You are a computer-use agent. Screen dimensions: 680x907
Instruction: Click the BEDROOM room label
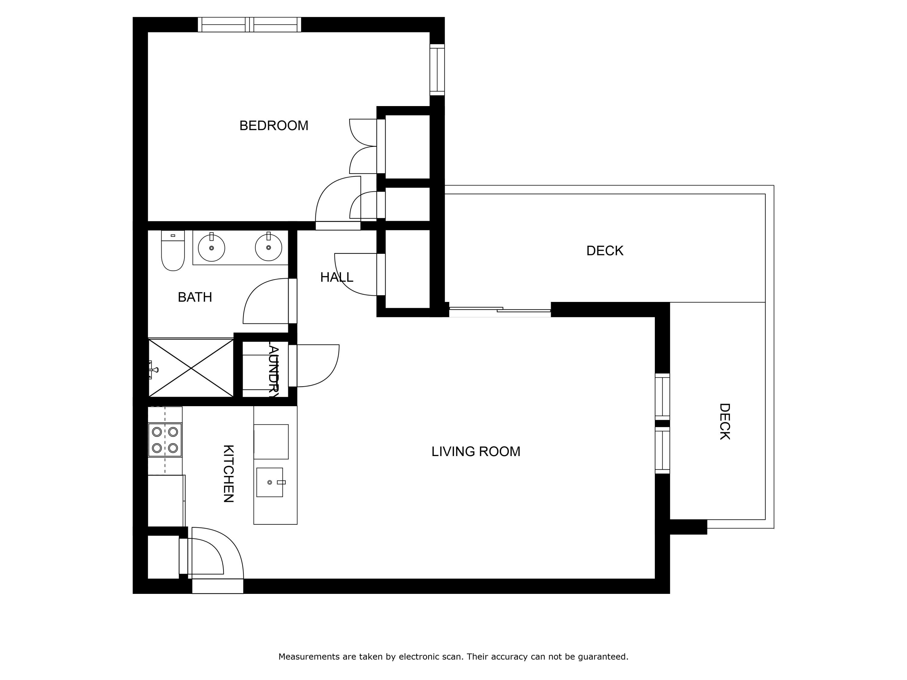pyautogui.click(x=274, y=125)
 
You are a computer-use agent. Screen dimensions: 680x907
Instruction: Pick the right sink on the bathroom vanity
pyautogui.click(x=268, y=248)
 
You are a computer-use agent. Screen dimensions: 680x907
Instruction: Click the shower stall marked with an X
pyautogui.click(x=191, y=368)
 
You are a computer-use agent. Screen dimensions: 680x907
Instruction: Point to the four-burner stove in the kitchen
pyautogui.click(x=165, y=440)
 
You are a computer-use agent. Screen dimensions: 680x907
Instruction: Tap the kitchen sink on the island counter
pyautogui.click(x=269, y=482)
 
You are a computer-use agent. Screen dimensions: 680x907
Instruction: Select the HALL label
pyautogui.click(x=336, y=277)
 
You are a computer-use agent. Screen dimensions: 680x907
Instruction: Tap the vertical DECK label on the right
pyautogui.click(x=724, y=422)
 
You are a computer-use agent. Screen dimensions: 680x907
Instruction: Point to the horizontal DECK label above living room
pyautogui.click(x=605, y=251)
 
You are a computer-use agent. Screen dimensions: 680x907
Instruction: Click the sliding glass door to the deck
pyautogui.click(x=499, y=312)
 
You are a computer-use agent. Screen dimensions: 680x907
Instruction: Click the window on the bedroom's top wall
pyautogui.click(x=249, y=24)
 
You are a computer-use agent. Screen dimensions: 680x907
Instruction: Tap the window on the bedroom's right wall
pyautogui.click(x=437, y=70)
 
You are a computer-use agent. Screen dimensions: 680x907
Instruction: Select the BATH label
pyautogui.click(x=195, y=297)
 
